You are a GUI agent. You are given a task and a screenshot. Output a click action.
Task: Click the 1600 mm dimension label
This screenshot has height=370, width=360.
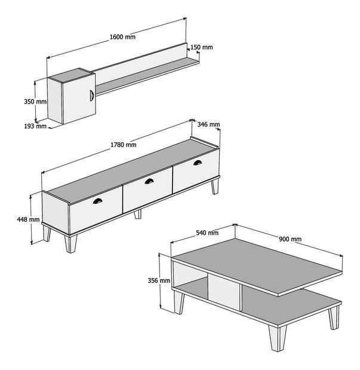click(122, 37)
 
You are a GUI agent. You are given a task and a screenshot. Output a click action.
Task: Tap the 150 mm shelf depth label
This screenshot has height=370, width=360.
click(202, 47)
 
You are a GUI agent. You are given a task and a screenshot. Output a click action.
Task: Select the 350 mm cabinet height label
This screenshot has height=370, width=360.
click(35, 102)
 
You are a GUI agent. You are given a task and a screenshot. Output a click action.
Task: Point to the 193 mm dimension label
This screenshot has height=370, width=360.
click(35, 126)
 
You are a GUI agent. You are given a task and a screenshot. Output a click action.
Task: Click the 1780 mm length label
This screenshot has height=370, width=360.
click(124, 145)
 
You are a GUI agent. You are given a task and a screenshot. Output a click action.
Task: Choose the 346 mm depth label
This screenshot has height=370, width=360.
click(208, 124)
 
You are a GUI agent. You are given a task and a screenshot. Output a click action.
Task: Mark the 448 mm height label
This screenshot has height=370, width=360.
click(28, 220)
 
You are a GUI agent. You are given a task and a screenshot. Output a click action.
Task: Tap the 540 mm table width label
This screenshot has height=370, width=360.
click(207, 233)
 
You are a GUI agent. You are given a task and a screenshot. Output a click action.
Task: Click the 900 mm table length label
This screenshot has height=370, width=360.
click(290, 239)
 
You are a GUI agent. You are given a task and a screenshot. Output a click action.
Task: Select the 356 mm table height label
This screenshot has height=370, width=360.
click(159, 280)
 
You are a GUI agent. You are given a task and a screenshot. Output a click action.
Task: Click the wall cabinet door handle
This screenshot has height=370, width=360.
click(92, 96)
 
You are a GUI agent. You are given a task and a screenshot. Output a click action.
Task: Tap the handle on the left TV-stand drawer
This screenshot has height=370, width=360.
click(97, 201)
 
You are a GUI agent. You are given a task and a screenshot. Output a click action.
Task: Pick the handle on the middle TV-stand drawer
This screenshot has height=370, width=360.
click(149, 181)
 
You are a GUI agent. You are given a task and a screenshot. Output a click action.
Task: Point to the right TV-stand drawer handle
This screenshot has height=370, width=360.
click(198, 163)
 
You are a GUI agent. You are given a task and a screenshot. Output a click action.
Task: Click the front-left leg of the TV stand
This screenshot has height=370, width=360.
click(70, 243)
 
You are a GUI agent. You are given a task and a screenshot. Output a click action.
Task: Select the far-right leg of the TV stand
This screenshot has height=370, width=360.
click(215, 186)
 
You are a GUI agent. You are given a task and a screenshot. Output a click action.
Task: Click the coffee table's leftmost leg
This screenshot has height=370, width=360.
click(179, 302)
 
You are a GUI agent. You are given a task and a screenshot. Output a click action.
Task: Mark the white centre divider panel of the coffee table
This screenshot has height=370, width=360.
click(224, 293)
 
